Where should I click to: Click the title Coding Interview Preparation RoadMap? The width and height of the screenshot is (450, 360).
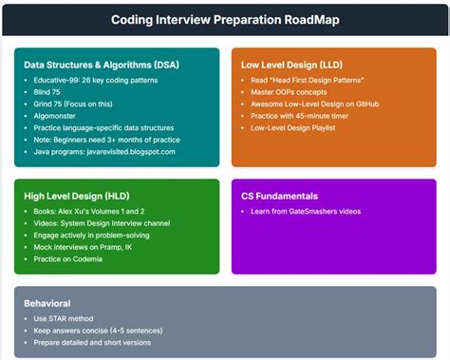pyautogui.click(x=225, y=19)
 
